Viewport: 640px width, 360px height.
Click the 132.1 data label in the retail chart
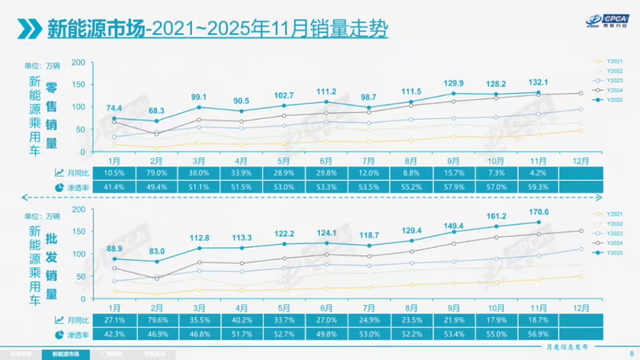pyautogui.click(x=539, y=82)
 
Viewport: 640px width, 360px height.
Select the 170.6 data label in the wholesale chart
pyautogui.click(x=539, y=212)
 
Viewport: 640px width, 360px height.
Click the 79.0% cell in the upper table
pyautogui.click(x=157, y=173)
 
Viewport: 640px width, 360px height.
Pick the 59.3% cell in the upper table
pyautogui.click(x=539, y=186)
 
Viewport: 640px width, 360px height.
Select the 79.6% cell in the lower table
pyautogui.click(x=157, y=319)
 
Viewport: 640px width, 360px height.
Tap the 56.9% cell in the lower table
pyautogui.click(x=539, y=332)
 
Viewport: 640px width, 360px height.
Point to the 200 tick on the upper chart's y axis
pyautogui.click(x=78, y=62)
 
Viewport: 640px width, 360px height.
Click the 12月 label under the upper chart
pyautogui.click(x=581, y=161)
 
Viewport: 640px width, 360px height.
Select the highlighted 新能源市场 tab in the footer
pyautogui.click(x=66, y=354)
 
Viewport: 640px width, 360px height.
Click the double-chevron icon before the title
pyautogui.click(x=29, y=29)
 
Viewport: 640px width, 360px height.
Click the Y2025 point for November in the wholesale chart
pyautogui.click(x=539, y=222)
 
